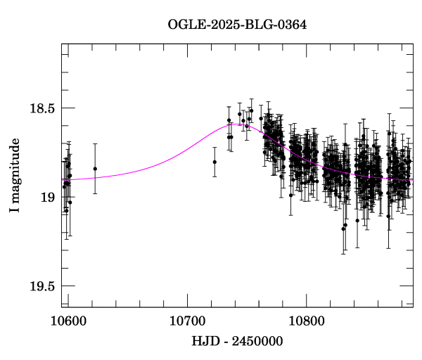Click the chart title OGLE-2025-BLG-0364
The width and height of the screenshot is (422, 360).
[237, 24]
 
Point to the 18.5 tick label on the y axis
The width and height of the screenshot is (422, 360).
[41, 108]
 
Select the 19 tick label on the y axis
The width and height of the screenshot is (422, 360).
[48, 197]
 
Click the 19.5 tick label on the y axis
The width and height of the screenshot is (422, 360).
[41, 285]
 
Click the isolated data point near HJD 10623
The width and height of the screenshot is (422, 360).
[95, 169]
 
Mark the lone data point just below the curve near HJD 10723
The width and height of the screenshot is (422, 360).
[215, 162]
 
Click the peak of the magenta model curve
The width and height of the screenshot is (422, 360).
[238, 124]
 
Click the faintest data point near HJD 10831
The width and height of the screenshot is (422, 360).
[343, 229]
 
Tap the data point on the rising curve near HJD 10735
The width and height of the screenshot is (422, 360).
[229, 120]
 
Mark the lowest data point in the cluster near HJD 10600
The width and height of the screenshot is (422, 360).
[66, 210]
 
